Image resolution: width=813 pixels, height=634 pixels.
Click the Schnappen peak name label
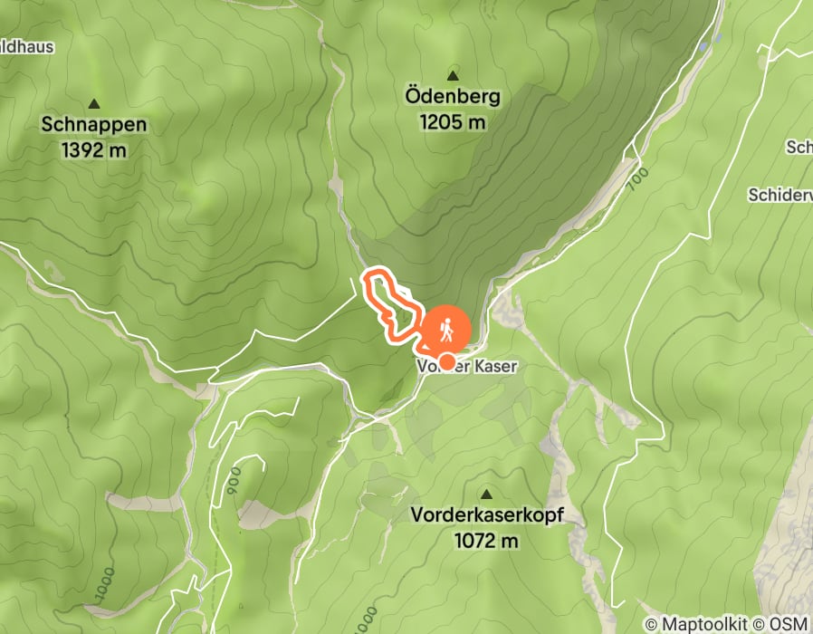tap(94, 126)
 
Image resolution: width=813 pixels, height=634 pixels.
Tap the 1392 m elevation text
tap(94, 150)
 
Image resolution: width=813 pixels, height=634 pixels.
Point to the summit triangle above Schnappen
tap(94, 103)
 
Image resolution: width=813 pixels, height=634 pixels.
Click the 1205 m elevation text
tap(453, 120)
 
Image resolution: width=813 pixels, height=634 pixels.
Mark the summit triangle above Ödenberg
tap(453, 73)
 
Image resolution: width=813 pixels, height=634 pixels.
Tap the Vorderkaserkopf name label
tap(487, 516)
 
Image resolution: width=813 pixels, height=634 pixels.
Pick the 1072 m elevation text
tap(487, 541)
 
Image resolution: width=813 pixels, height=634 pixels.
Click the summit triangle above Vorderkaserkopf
tap(487, 495)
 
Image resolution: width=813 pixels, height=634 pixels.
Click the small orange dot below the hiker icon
tap(447, 361)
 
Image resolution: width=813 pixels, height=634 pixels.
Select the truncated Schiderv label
tap(780, 195)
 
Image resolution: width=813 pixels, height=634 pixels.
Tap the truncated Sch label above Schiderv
tap(799, 147)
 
